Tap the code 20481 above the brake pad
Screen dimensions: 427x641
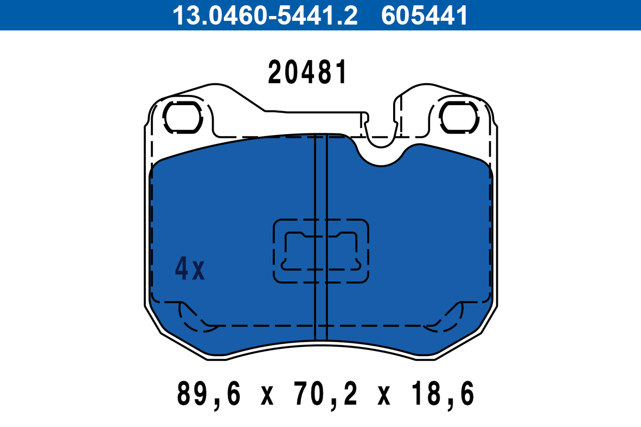pyautogui.click(x=308, y=73)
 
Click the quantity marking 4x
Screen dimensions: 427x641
pyautogui.click(x=190, y=270)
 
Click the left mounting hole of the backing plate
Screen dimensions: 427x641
pyautogui.click(x=182, y=117)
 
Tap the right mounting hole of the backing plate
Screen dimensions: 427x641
pyautogui.click(x=459, y=117)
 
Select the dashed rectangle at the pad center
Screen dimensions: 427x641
pyautogui.click(x=321, y=251)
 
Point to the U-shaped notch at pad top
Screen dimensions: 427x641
pyautogui.click(x=380, y=155)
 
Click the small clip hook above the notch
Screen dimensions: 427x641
pyautogui.click(x=365, y=121)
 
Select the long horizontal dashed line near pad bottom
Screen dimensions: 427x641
pyautogui.click(x=320, y=325)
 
